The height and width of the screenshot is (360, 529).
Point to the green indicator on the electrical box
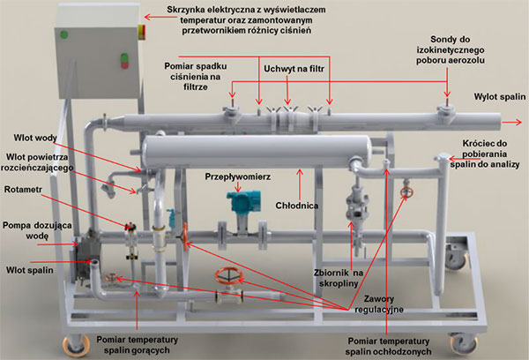pos(64,35)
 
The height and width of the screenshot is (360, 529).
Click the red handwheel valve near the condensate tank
pos(406,191)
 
